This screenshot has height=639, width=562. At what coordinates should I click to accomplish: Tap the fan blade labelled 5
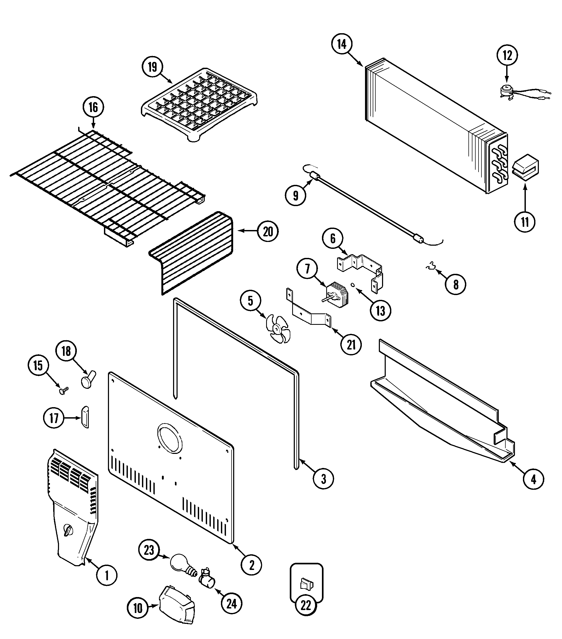[277, 329]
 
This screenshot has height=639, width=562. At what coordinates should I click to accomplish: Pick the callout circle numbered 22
[306, 614]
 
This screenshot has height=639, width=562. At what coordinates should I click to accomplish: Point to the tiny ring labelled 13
[353, 285]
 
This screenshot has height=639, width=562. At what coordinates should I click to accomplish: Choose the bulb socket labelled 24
[207, 580]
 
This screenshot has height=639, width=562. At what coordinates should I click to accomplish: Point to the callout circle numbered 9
[295, 195]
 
